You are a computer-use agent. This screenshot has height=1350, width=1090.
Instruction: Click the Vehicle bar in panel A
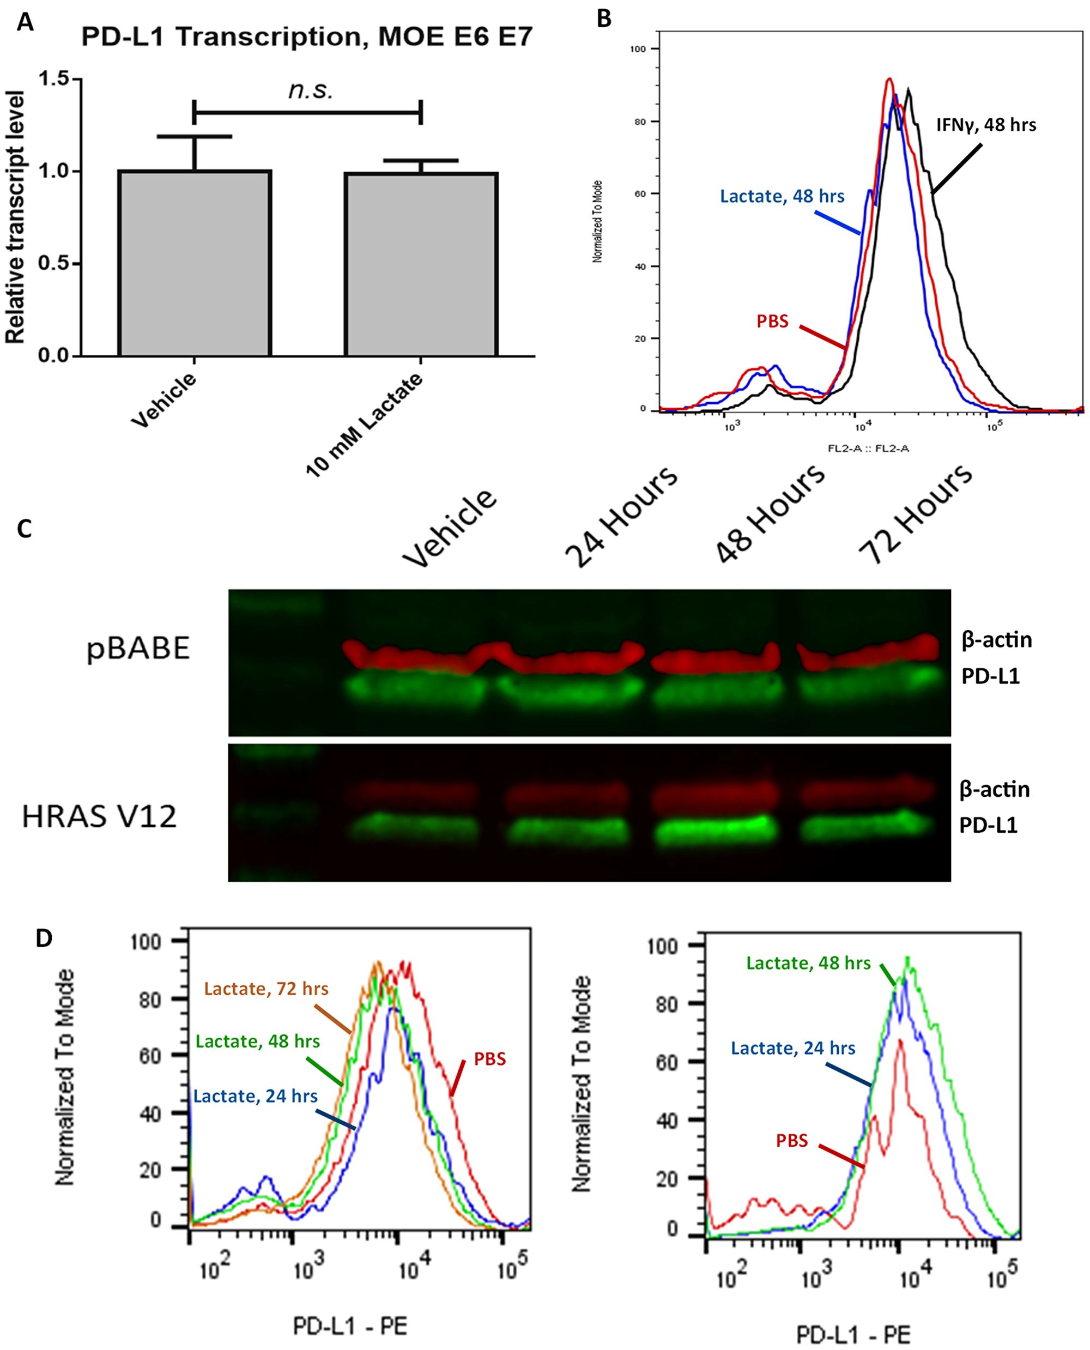[x=195, y=264]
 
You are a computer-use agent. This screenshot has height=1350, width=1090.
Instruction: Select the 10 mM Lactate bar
[x=421, y=265]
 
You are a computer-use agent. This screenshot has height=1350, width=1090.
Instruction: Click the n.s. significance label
[x=310, y=91]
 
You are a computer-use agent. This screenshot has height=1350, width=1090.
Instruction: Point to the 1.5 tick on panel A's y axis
[x=54, y=79]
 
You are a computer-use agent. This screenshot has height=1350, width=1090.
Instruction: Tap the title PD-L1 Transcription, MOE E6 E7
[x=306, y=38]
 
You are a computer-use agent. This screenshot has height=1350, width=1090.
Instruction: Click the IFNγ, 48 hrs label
[x=986, y=125]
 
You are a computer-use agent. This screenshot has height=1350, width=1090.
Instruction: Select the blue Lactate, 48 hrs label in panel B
[x=782, y=197]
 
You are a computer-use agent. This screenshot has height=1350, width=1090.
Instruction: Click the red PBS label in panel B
[x=772, y=322]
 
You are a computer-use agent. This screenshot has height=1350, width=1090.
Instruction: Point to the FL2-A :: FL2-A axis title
[x=868, y=449]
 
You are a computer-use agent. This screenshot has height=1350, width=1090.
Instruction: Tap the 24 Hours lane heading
[x=621, y=516]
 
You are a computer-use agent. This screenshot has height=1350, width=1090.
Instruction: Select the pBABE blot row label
[x=138, y=649]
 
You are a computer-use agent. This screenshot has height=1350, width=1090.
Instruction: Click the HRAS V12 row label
[x=99, y=817]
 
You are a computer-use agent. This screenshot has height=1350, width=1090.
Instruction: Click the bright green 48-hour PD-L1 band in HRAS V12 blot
[x=714, y=830]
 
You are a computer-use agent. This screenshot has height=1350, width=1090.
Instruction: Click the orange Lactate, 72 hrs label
[x=266, y=989]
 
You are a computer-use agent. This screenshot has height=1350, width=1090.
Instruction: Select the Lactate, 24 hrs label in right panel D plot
[x=793, y=1048]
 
